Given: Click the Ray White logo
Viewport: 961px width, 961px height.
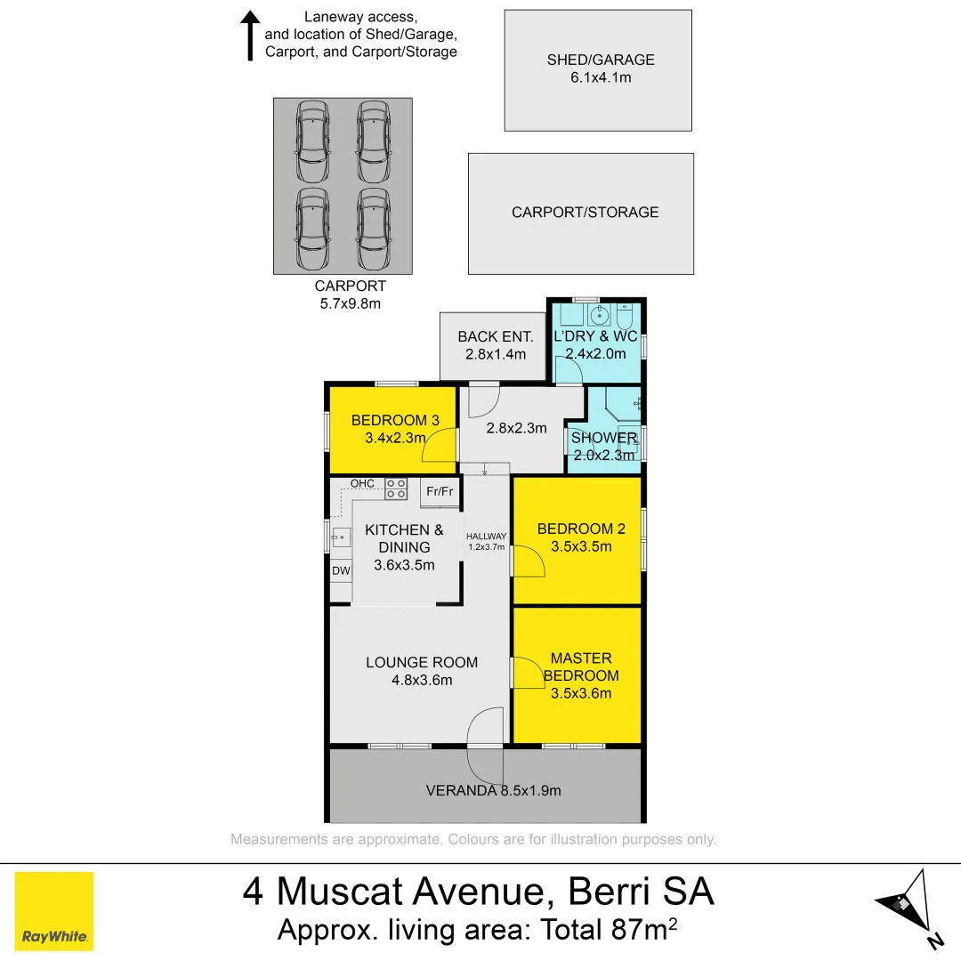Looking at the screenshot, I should [x=54, y=910].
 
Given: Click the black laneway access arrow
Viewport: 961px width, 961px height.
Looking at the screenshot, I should [x=251, y=36].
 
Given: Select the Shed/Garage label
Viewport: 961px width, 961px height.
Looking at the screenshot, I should [x=601, y=60].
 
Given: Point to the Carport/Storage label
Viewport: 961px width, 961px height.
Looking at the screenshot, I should [x=585, y=213].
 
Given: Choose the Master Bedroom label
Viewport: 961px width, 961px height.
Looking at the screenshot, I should [x=581, y=666].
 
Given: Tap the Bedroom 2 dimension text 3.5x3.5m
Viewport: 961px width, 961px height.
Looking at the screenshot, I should [x=581, y=547].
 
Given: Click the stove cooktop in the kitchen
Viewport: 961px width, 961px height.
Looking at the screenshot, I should [x=396, y=488].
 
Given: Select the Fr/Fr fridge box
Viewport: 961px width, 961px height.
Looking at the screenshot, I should [x=440, y=491].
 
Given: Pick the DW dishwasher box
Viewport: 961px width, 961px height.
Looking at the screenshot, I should [x=341, y=570].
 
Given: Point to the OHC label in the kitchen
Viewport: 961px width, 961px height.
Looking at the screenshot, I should [x=362, y=483].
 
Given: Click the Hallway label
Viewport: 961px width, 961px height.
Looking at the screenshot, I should [x=487, y=537].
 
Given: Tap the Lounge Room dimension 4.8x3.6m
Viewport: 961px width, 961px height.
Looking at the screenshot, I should [x=422, y=681].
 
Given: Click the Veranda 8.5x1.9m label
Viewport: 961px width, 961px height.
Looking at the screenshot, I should [x=493, y=790].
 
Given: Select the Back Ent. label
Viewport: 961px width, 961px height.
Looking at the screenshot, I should [x=496, y=336].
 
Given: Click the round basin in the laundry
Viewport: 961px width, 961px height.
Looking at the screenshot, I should [x=601, y=314].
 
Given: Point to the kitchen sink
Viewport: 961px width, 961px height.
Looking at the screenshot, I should [x=341, y=537].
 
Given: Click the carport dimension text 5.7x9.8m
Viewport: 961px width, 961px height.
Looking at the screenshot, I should [x=350, y=303].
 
